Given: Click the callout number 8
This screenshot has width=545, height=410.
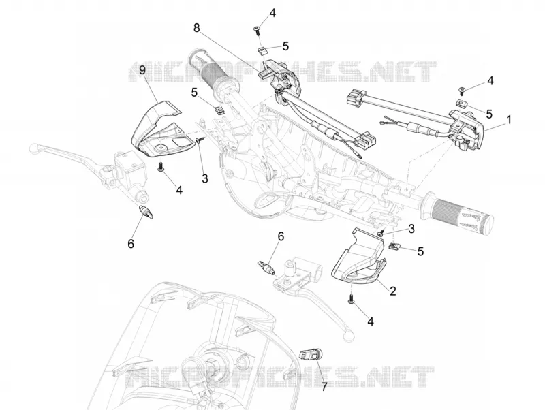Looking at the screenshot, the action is [197, 27].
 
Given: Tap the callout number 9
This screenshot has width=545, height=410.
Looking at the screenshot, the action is [142, 71].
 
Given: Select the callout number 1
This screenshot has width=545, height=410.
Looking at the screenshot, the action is [509, 120].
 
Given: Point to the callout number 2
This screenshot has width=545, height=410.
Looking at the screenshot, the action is [393, 291].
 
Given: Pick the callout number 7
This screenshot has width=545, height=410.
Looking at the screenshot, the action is [324, 387].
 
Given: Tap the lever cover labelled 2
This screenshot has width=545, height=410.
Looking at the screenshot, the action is [358, 257].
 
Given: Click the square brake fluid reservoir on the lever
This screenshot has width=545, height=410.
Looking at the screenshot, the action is [127, 164].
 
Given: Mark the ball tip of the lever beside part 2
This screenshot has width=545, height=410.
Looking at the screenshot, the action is [349, 335].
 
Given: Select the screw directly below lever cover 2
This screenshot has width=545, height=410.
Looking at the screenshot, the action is [351, 299].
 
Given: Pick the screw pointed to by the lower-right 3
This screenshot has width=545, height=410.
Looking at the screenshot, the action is [381, 233].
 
